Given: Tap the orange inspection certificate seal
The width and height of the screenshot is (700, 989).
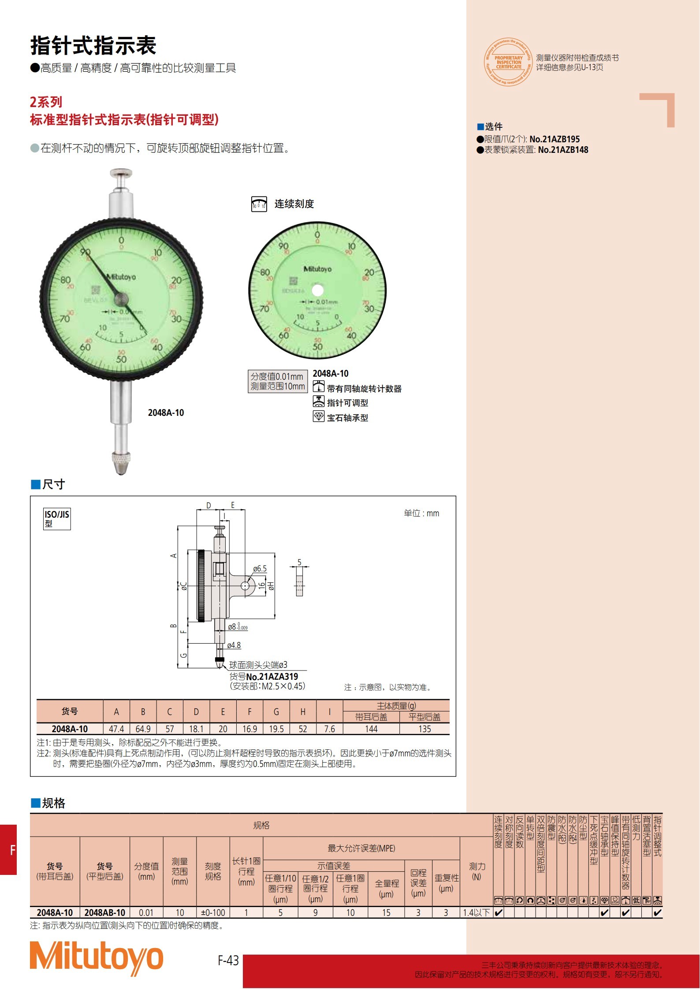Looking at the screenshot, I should click(508, 62).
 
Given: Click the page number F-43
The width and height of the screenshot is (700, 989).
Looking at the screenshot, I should click(228, 961).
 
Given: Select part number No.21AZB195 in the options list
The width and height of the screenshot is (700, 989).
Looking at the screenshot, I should click(555, 139).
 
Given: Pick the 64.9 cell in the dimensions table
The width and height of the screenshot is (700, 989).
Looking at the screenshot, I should click(143, 729).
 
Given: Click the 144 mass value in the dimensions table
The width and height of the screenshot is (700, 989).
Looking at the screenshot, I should click(371, 729).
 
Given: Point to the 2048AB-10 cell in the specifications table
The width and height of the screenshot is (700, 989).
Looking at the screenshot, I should click(105, 913).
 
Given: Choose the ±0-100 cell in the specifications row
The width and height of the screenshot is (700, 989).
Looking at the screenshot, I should click(213, 913).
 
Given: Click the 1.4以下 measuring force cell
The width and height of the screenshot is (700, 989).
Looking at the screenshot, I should click(476, 913).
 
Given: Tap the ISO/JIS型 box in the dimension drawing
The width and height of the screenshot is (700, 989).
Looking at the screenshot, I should click(57, 519).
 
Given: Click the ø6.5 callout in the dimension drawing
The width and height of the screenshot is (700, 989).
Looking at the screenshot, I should click(260, 569).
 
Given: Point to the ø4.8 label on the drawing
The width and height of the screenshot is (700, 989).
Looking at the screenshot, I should click(234, 645).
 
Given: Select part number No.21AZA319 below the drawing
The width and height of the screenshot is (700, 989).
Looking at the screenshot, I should click(272, 677).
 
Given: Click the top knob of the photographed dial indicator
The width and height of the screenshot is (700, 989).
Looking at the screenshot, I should click(121, 172).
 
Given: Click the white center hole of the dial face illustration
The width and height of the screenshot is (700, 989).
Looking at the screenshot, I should click(317, 290).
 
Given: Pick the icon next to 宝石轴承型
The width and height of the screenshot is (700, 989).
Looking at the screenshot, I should click(318, 417).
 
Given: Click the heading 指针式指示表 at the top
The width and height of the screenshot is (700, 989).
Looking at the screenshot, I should click(93, 45).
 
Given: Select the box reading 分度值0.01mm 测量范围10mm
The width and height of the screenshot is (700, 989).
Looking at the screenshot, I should click(278, 381).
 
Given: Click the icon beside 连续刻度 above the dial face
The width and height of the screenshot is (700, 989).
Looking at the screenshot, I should click(259, 204).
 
